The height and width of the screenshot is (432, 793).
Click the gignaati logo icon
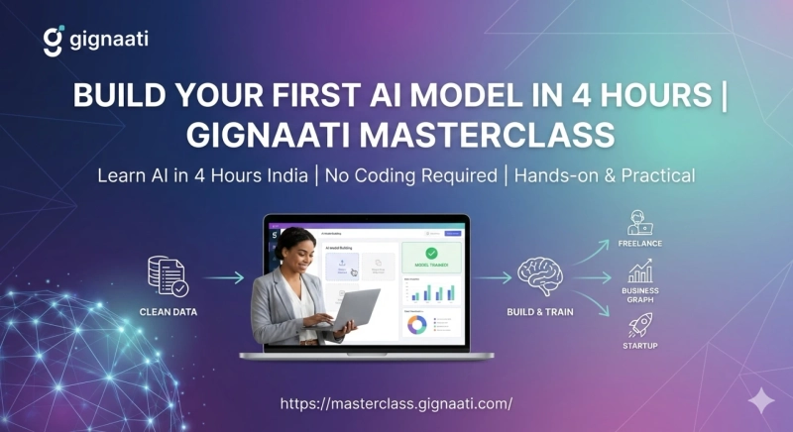coord(54,41)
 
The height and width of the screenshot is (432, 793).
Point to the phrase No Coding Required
coord(415,175)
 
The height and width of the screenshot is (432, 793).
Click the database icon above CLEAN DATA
coord(167,276)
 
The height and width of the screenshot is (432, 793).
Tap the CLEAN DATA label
coord(169,311)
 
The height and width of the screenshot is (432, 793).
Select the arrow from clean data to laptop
coord(224,278)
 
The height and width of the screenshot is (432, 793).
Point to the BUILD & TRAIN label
coord(540,311)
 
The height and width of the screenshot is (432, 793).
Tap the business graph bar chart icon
coord(639,271)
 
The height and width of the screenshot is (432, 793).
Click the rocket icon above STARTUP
coord(639,325)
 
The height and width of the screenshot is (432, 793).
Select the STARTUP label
coord(639,347)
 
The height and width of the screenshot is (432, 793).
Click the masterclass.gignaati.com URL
coord(396,404)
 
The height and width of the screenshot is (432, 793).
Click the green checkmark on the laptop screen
coord(430,255)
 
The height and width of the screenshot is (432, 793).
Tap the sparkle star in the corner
coord(761,400)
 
